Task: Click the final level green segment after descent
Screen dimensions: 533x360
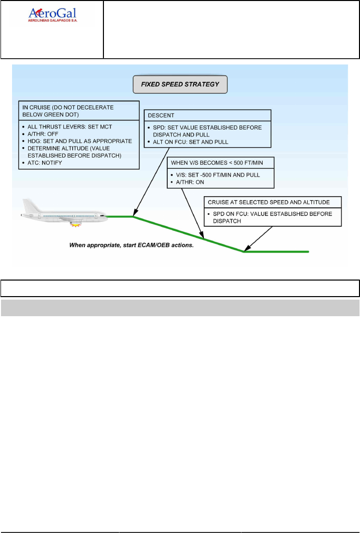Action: tap(276, 251)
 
